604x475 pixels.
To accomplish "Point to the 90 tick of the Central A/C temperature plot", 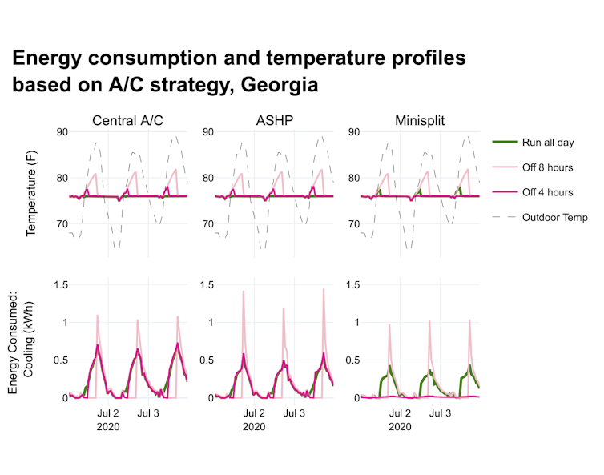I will pos(61,131).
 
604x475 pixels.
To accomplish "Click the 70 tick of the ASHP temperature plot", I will pos(207,224).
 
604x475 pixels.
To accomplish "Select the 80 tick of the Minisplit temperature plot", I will pos(354,178).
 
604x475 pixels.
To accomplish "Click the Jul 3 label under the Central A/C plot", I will pos(148,413).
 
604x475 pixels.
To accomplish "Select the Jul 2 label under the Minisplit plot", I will pos(400,413).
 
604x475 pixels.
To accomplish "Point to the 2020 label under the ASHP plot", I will pos(254,427).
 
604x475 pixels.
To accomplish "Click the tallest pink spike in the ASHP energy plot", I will pos(324,290).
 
